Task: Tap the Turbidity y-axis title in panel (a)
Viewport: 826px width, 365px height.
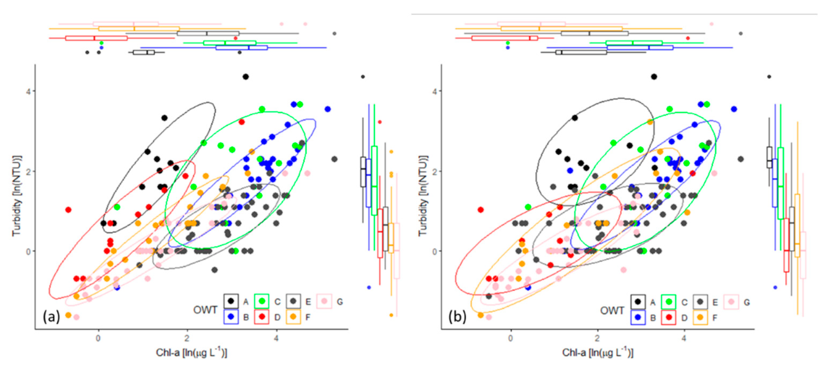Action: pyautogui.click(x=16, y=196)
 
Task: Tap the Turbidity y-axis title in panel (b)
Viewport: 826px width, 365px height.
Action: pyautogui.click(x=423, y=196)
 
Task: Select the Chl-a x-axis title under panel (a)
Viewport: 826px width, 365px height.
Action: pyautogui.click(x=191, y=353)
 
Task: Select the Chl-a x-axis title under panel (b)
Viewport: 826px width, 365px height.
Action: pyautogui.click(x=598, y=353)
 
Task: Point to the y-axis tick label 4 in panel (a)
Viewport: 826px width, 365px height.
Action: pyautogui.click(x=28, y=91)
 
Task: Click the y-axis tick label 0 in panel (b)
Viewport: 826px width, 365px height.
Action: pyautogui.click(x=434, y=252)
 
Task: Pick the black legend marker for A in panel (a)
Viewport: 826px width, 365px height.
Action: pyautogui.click(x=231, y=301)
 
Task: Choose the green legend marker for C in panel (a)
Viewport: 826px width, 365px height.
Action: pyautogui.click(x=262, y=301)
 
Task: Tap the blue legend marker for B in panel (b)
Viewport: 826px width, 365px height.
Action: pyautogui.click(x=637, y=317)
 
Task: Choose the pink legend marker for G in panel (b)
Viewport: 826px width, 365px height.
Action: pyautogui.click(x=731, y=302)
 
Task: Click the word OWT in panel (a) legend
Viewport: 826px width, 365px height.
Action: pyautogui.click(x=205, y=310)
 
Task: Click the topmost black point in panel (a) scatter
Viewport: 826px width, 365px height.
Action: pyautogui.click(x=246, y=77)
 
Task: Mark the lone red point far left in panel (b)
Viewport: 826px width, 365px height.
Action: pyautogui.click(x=480, y=210)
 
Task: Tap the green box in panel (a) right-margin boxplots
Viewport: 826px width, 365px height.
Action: pyautogui.click(x=374, y=181)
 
